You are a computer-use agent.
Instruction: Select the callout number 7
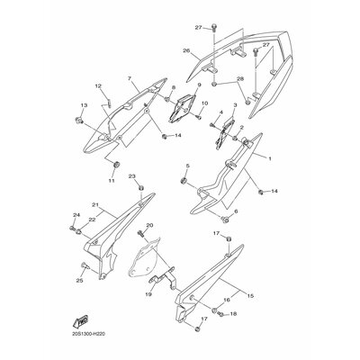[130, 78]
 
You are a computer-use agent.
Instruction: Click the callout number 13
[84, 105]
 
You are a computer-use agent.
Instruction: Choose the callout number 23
[131, 176]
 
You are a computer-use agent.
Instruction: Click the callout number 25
[80, 281]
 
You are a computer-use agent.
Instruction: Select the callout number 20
[149, 226]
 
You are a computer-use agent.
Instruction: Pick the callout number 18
[232, 314]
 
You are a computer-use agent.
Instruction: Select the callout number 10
[205, 103]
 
